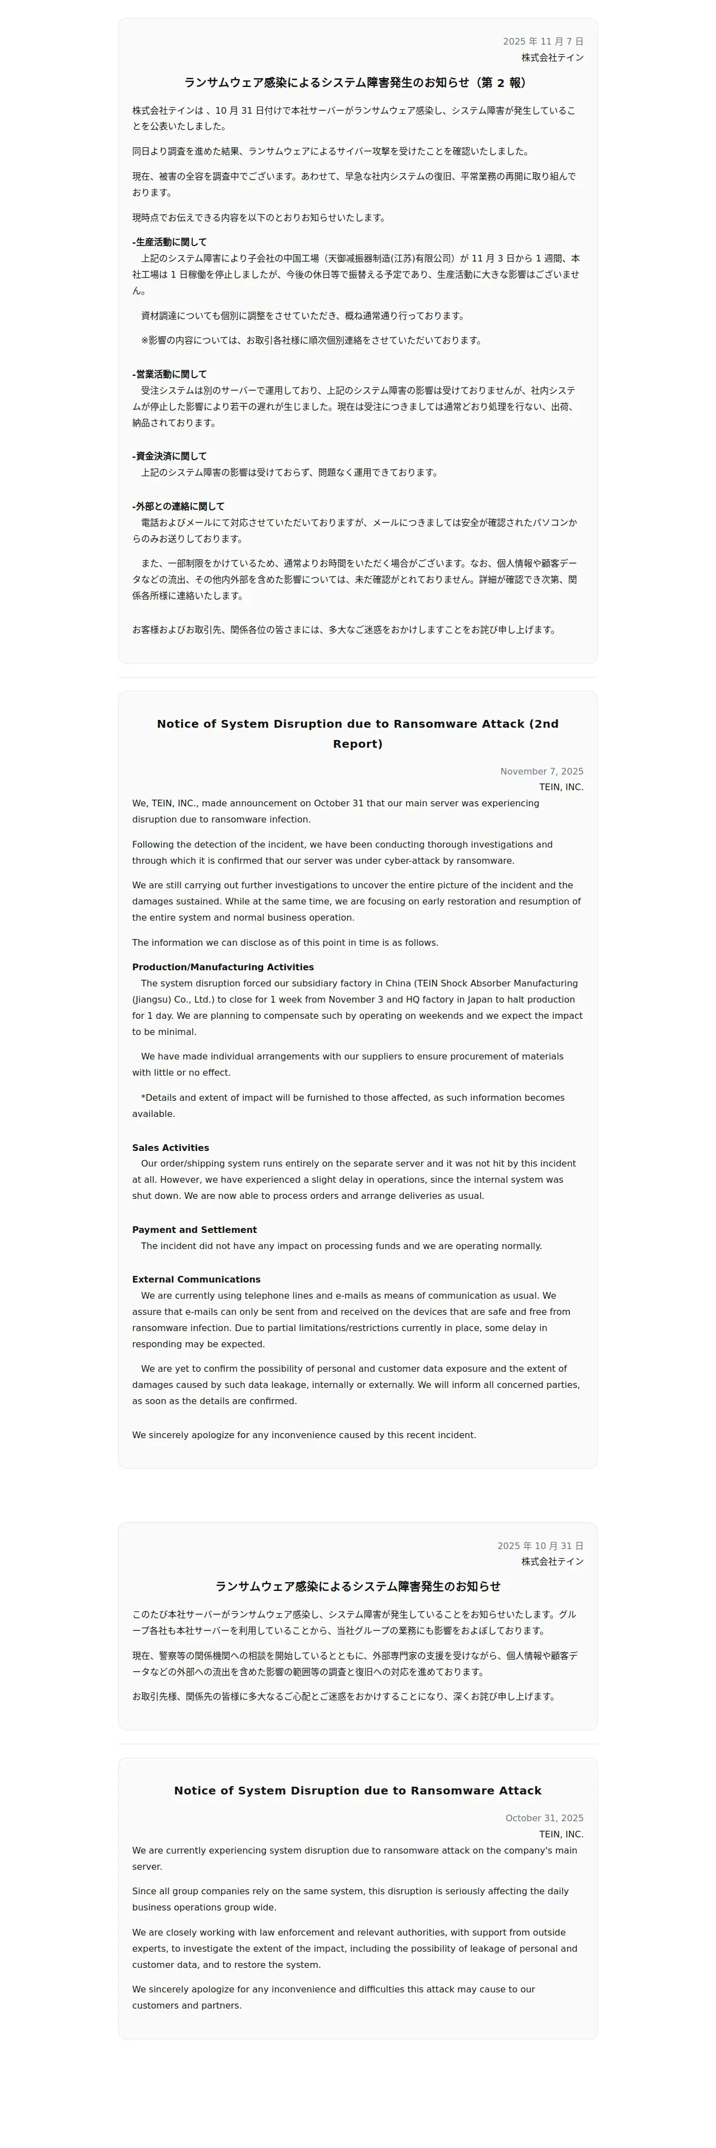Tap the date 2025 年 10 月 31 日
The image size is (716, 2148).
point(540,1546)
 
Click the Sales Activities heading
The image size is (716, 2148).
point(170,1148)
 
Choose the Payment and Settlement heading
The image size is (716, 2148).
point(194,1229)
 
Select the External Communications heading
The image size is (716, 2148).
point(196,1279)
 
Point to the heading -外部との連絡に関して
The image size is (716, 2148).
point(178,506)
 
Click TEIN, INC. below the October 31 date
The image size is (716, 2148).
point(561,1833)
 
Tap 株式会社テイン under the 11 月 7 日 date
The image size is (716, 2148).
point(552,57)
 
